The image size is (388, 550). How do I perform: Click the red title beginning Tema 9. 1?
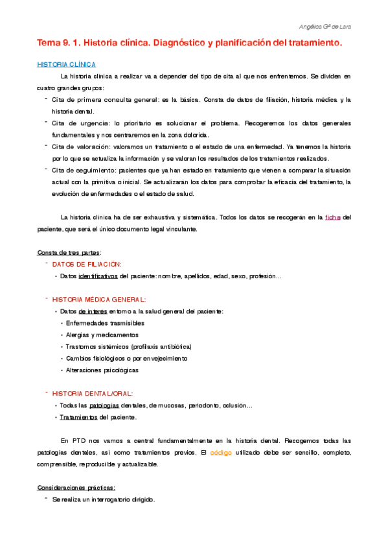[x=188, y=43]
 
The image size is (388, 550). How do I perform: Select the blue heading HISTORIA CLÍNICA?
[x=66, y=65]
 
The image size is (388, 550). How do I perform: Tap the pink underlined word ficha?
[x=333, y=217]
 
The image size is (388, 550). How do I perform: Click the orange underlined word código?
[x=224, y=435]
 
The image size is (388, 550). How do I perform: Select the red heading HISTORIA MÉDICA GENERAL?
[x=99, y=300]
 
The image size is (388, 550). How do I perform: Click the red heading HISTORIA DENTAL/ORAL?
[x=93, y=393]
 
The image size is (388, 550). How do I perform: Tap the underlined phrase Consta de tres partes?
[x=69, y=252]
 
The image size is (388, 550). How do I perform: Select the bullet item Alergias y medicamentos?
[x=102, y=335]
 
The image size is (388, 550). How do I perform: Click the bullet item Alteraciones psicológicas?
[x=102, y=370]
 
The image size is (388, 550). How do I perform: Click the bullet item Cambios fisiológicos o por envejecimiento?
[x=126, y=358]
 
